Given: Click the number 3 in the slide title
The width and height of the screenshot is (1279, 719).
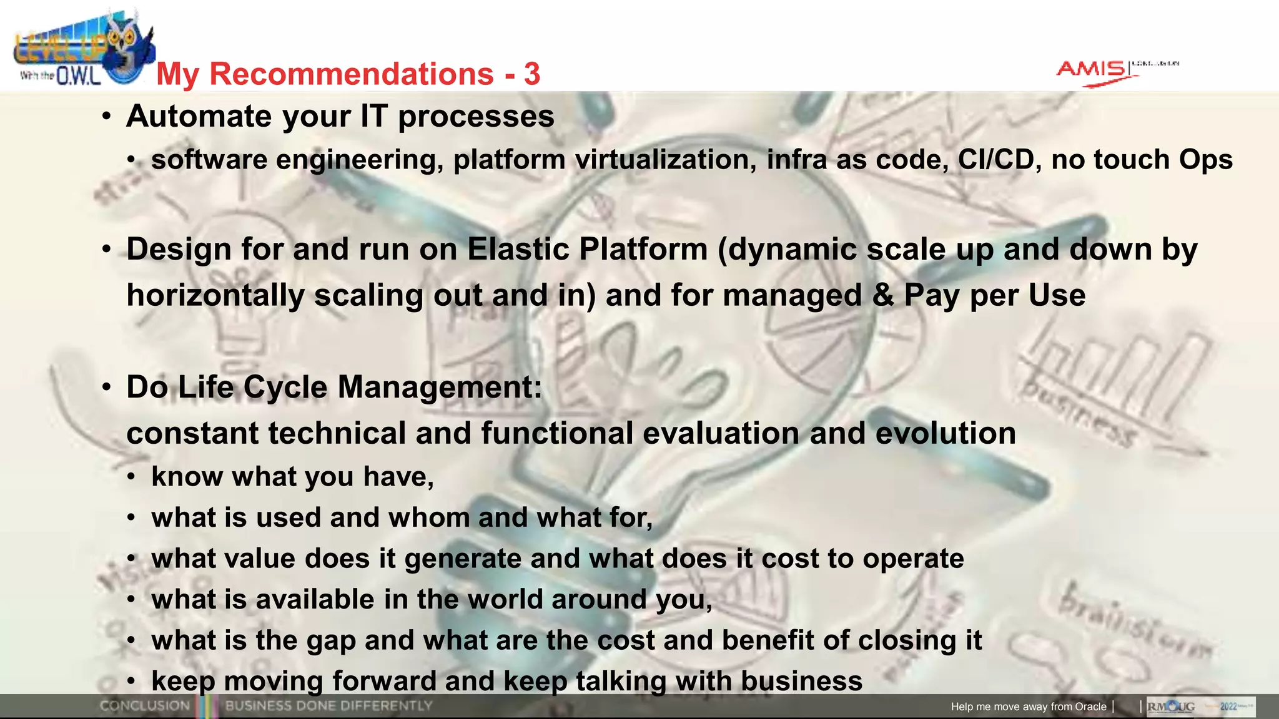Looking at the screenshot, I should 532,74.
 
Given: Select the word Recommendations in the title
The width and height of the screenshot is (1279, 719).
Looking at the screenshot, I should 352,74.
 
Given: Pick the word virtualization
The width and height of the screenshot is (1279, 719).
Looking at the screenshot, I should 666,160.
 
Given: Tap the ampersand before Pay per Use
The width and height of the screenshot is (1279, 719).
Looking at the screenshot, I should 883,295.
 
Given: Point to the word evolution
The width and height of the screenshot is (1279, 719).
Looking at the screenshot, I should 946,433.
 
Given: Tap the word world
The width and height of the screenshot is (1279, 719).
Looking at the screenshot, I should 505,599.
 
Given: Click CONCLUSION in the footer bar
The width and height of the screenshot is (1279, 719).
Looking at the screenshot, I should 145,706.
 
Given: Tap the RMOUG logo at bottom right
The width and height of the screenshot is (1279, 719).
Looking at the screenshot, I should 1172,707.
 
